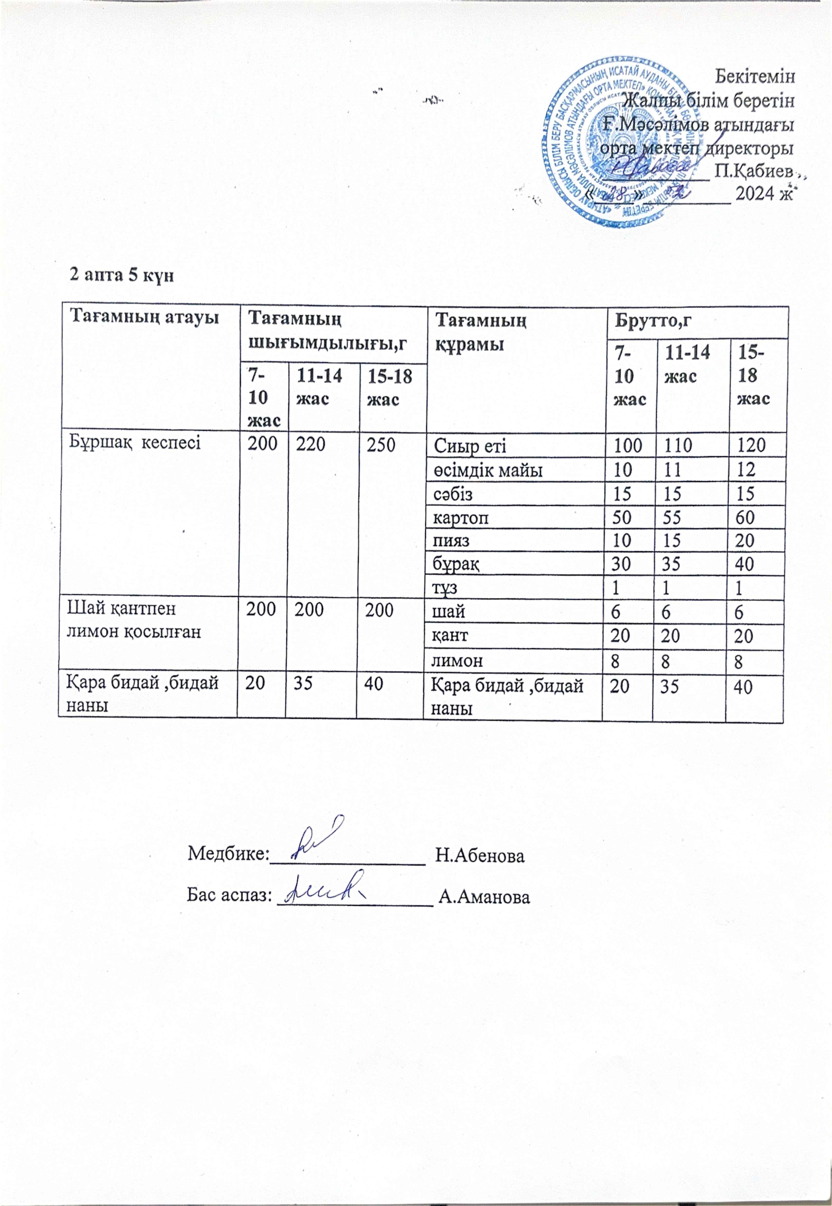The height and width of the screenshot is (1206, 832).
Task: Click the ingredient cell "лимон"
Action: pos(457,661)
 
